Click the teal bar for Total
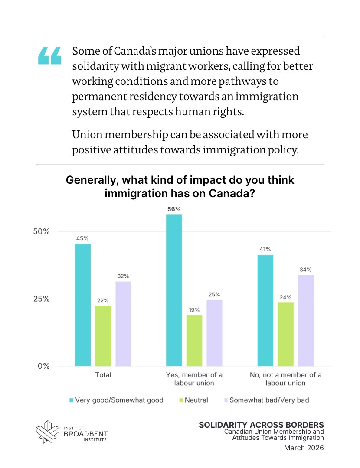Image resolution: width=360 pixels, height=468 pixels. pyautogui.click(x=83, y=305)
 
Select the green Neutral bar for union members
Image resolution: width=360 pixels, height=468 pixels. pyautogui.click(x=194, y=341)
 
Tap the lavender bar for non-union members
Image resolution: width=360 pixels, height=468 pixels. pyautogui.click(x=306, y=321)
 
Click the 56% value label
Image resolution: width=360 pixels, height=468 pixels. pyautogui.click(x=174, y=209)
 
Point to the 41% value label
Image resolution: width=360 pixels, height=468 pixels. pyautogui.click(x=265, y=249)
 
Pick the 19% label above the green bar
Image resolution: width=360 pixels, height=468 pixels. pyautogui.click(x=194, y=309)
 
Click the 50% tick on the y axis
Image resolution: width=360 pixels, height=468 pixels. pyautogui.click(x=42, y=231)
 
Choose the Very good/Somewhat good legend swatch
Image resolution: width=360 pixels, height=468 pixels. pyautogui.click(x=71, y=400)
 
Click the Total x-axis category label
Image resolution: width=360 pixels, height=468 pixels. pyautogui.click(x=103, y=375)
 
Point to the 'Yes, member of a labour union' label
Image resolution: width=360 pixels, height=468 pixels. pyautogui.click(x=194, y=379)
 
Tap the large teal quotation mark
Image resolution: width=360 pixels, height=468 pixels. pyautogui.click(x=50, y=56)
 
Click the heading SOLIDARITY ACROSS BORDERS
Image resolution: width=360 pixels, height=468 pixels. pyautogui.click(x=261, y=425)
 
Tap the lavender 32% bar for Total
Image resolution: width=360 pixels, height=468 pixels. pyautogui.click(x=123, y=324)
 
